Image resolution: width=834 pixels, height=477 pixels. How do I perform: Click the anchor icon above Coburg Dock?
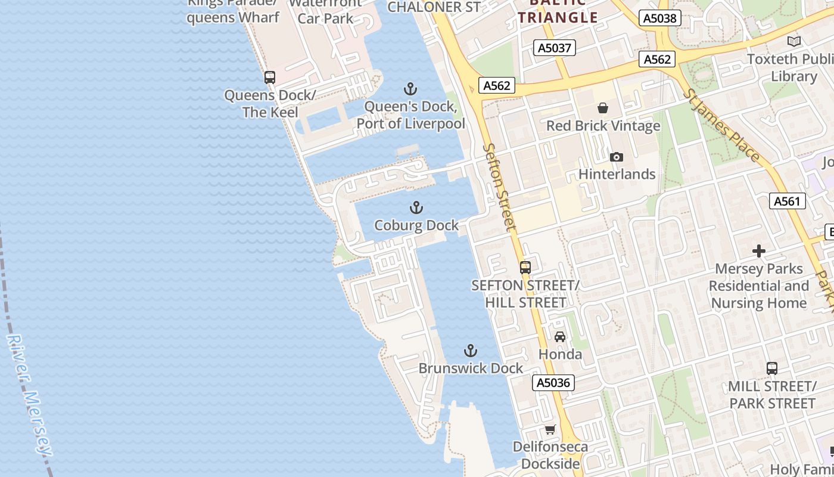(416, 207)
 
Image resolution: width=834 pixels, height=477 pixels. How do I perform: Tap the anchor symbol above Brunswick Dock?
(471, 350)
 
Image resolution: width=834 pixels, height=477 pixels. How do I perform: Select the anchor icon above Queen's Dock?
(410, 89)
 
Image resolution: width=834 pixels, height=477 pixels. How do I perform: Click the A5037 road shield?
(554, 48)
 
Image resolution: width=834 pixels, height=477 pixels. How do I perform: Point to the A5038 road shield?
(661, 18)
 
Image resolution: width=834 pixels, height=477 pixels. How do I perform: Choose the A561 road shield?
(787, 201)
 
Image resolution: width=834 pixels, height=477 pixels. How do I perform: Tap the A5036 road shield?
(553, 383)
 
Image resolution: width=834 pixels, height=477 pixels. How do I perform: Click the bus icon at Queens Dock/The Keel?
(270, 77)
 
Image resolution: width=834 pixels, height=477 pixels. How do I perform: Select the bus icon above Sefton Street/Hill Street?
(525, 268)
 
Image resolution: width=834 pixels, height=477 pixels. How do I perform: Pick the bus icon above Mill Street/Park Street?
(771, 368)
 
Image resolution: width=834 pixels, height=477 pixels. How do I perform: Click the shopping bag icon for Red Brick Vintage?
(603, 108)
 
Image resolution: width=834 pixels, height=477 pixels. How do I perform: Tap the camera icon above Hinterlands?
(617, 157)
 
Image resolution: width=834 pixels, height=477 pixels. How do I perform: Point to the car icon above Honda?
(560, 337)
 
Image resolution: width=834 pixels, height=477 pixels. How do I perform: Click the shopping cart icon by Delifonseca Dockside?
(550, 429)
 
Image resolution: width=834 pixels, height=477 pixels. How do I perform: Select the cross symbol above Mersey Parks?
(758, 250)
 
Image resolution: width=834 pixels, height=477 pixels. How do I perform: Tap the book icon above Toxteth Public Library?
(793, 41)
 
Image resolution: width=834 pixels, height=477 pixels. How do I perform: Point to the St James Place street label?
(722, 126)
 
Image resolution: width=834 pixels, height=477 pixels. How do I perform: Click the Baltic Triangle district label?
(558, 13)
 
